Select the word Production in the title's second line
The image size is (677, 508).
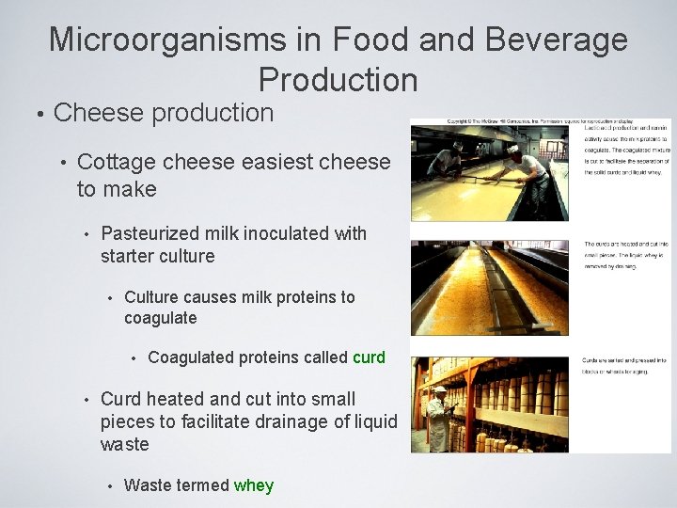[338, 79]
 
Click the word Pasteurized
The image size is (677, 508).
[153, 233]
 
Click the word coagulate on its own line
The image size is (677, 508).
[161, 318]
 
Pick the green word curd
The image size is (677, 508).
[369, 357]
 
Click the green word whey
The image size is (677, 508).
[254, 485]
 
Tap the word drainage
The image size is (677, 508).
[288, 421]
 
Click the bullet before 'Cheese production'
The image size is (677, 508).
[39, 114]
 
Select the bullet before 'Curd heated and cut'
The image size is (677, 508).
[86, 399]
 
